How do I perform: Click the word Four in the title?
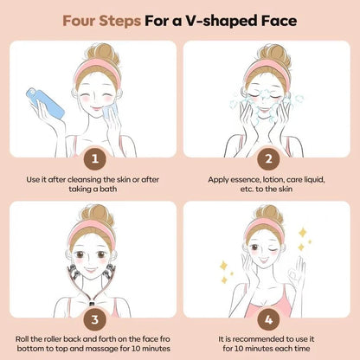[x=79, y=21]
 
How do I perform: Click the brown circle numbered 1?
[x=95, y=158]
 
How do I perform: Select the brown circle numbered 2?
[x=268, y=158]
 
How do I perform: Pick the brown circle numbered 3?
[x=95, y=319]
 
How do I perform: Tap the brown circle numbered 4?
[x=268, y=319]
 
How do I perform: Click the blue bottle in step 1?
[x=45, y=103]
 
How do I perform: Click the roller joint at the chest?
[x=93, y=304]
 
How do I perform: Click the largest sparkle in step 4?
[x=302, y=233]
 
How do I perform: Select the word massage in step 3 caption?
[x=105, y=349]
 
